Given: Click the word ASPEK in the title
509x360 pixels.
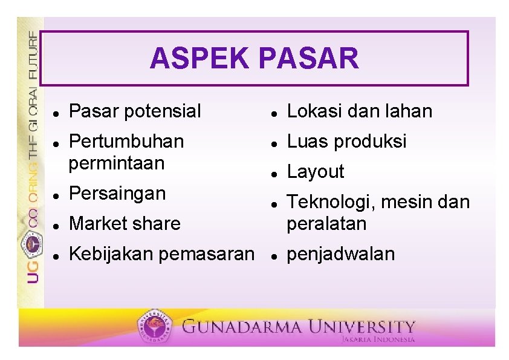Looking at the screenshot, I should tap(199, 59).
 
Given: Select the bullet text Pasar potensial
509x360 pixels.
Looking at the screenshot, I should tap(135, 111).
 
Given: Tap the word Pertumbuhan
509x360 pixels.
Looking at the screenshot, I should tap(126, 142).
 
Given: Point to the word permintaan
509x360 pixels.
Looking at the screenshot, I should tap(117, 163).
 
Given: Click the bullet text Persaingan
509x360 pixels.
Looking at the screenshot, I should tap(117, 194).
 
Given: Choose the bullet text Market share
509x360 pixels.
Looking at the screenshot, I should tap(125, 224).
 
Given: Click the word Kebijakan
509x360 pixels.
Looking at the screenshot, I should tap(111, 254).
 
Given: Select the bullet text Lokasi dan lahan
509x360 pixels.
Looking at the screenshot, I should tap(360, 111).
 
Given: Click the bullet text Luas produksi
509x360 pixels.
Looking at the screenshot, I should tap(346, 142).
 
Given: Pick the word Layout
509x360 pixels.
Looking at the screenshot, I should tap(315, 172).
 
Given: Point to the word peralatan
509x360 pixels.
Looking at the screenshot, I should tap(326, 224).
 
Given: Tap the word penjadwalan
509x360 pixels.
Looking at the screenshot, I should tap(340, 254).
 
